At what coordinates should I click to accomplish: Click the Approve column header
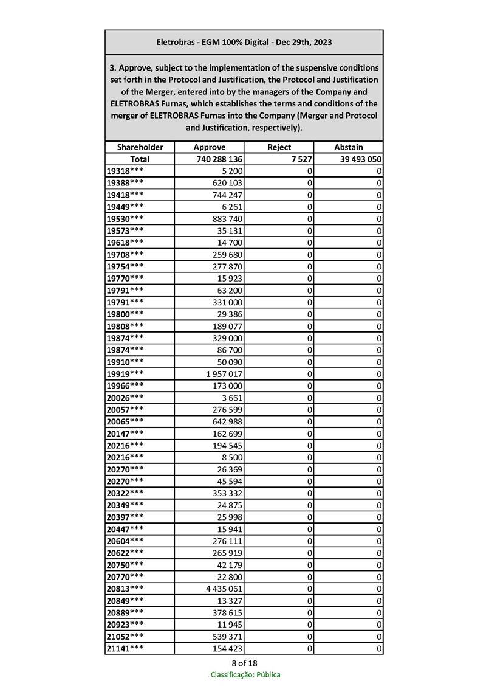(x=209, y=147)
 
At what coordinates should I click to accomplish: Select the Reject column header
(x=279, y=147)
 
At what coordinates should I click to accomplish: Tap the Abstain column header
(x=348, y=147)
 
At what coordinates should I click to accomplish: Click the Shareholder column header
(x=140, y=147)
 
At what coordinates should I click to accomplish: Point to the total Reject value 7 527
(x=301, y=159)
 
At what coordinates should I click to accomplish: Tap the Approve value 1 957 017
(x=225, y=373)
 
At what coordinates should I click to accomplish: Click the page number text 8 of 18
(x=245, y=663)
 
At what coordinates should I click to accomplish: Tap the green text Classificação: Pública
(x=245, y=674)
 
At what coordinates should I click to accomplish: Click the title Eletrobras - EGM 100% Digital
(x=244, y=43)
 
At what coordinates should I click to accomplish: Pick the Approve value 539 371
(x=228, y=636)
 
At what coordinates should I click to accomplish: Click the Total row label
(x=140, y=159)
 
